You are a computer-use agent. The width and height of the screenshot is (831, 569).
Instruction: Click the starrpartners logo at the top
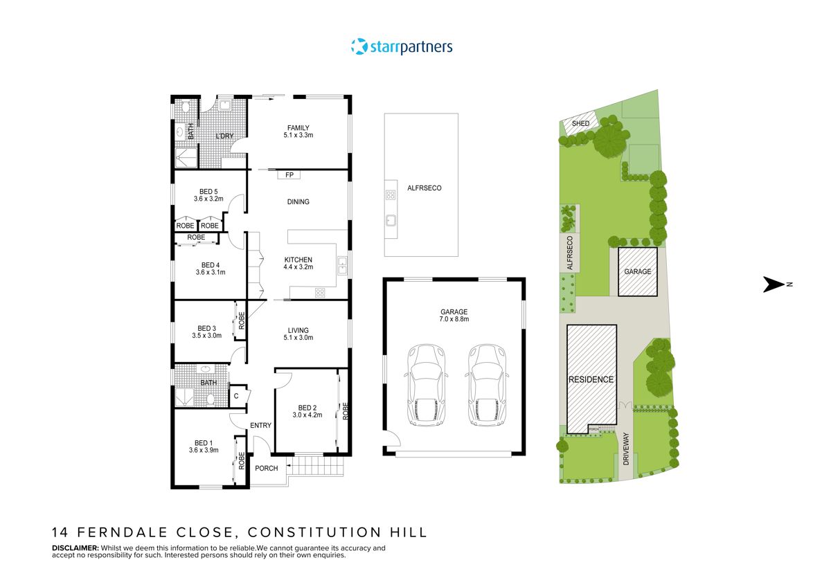tap(402, 47)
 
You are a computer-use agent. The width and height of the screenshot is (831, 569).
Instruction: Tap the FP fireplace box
tap(289, 175)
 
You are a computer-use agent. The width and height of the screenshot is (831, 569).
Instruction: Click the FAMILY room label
tap(298, 131)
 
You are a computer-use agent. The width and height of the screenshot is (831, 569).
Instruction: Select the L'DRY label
tap(224, 136)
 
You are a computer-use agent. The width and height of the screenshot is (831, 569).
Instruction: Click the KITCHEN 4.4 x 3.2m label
tap(298, 263)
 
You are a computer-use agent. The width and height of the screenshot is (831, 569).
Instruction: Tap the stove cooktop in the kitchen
tap(321, 292)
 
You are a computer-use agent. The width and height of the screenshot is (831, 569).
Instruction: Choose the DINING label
tap(298, 202)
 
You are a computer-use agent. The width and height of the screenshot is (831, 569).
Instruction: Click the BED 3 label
tap(206, 332)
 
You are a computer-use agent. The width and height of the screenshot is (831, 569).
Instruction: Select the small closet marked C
tap(236, 396)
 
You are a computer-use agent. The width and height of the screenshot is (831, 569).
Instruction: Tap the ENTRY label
tap(261, 425)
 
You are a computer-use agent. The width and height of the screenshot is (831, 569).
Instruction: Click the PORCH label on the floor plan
tap(267, 469)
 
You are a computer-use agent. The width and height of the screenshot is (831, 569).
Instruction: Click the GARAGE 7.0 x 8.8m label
tap(454, 316)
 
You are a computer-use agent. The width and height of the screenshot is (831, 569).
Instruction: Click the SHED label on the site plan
tap(580, 123)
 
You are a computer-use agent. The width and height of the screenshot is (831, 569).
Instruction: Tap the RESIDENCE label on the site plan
tap(591, 379)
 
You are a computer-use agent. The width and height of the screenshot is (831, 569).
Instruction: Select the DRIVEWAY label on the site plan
tap(625, 448)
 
